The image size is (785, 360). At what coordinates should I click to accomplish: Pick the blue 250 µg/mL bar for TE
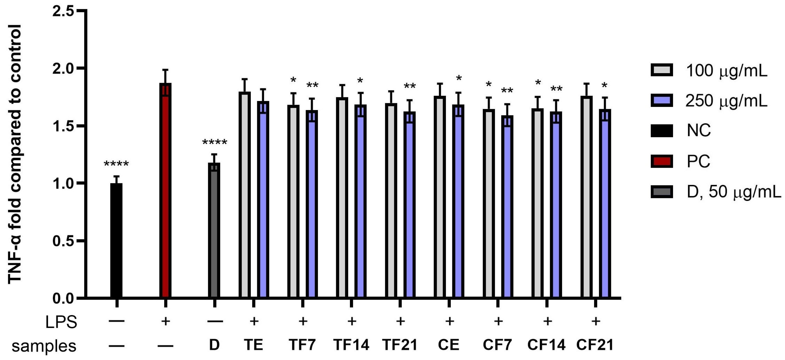click(x=263, y=199)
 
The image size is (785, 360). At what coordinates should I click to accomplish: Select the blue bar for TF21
click(x=409, y=205)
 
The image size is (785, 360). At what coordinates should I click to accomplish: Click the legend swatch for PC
click(x=662, y=161)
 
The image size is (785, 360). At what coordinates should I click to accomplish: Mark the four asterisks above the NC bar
click(x=116, y=164)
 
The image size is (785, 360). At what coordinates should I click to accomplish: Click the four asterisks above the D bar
click(x=215, y=142)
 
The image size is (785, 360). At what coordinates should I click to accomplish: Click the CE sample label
click(x=448, y=345)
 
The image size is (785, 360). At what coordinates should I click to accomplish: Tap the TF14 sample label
click(x=351, y=345)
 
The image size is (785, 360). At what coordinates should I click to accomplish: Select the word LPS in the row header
click(x=61, y=322)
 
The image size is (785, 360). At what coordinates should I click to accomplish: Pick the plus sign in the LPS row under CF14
click(x=547, y=321)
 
